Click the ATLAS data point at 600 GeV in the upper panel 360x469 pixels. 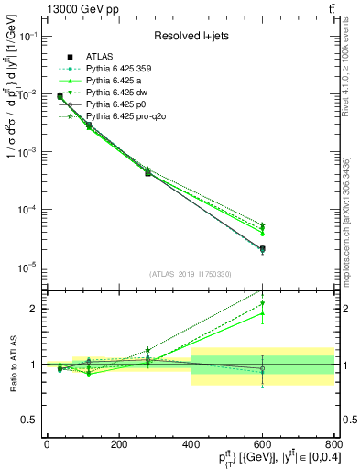(x=262, y=249)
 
